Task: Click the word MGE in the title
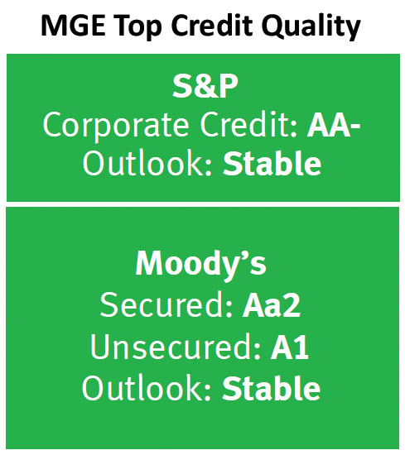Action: tap(73, 26)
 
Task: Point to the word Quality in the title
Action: tap(311, 26)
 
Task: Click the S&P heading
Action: tap(205, 86)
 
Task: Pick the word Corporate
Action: tap(116, 126)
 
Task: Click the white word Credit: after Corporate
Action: tap(248, 124)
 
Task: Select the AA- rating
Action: tap(334, 126)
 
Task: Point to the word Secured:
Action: tap(166, 304)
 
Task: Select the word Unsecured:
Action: tap(176, 347)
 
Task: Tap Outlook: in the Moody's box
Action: tap(147, 387)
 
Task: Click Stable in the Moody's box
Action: tap(271, 387)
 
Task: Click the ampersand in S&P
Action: tap(205, 86)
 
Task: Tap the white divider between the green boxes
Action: tap(203, 204)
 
